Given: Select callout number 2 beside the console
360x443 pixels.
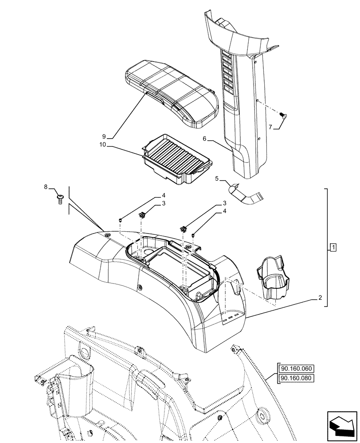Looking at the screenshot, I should [x=320, y=299].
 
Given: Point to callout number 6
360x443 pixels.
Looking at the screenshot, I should [x=205, y=139].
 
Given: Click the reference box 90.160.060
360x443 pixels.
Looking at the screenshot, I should [x=294, y=368].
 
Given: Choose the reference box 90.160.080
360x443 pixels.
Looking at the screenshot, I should [x=294, y=378].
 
